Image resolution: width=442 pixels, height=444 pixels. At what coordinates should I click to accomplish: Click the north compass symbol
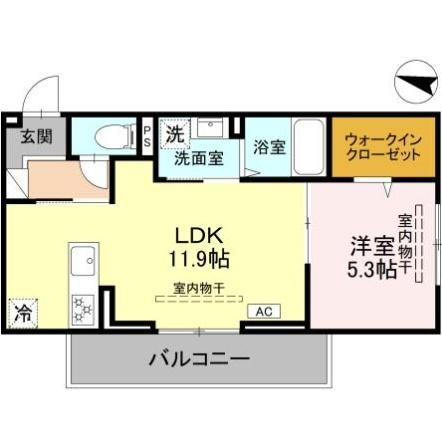(x=416, y=82)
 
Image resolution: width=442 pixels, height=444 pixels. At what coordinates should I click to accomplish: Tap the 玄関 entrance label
(x=37, y=136)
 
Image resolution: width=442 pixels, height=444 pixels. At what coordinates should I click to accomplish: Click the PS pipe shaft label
(x=147, y=136)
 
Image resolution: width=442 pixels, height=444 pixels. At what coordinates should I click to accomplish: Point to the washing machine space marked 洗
(x=175, y=134)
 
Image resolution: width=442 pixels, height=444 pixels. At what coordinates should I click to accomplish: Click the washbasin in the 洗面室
(x=210, y=128)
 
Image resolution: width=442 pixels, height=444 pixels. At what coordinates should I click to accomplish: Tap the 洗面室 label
(x=199, y=158)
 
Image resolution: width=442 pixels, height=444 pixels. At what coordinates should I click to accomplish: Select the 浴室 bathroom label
(x=269, y=147)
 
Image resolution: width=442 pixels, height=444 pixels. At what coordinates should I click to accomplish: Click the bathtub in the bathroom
(x=309, y=147)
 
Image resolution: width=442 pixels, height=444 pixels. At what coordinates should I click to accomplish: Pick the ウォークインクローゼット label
(x=383, y=147)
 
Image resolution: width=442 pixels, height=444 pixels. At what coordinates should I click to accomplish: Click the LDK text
(x=199, y=236)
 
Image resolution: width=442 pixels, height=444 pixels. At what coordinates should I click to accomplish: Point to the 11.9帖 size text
(x=199, y=259)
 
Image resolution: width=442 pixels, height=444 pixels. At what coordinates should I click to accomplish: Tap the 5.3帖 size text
(x=372, y=270)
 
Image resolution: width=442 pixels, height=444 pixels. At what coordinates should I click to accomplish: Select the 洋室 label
(x=372, y=246)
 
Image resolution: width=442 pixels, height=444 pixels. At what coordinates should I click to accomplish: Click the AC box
(x=264, y=311)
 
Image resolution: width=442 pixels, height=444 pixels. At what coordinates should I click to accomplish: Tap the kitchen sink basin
(x=83, y=261)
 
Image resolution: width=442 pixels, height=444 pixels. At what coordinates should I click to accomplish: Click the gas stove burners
(x=83, y=310)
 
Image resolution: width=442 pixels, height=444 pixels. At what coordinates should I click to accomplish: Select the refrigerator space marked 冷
(x=23, y=313)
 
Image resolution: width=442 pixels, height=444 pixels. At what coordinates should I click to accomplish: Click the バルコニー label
(x=199, y=359)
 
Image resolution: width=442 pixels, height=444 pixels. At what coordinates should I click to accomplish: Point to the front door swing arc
(x=36, y=87)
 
